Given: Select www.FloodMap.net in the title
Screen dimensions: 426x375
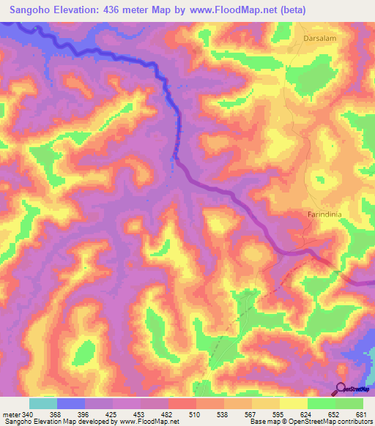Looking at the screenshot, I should tap(224, 10).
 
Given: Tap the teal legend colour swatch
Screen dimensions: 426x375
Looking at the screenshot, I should tap(42, 403).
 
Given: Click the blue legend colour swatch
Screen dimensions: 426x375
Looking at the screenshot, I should tap(70, 403).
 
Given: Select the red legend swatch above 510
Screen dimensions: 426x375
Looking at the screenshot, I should tap(182, 403).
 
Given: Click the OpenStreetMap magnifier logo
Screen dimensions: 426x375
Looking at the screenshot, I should tap(341, 389).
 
